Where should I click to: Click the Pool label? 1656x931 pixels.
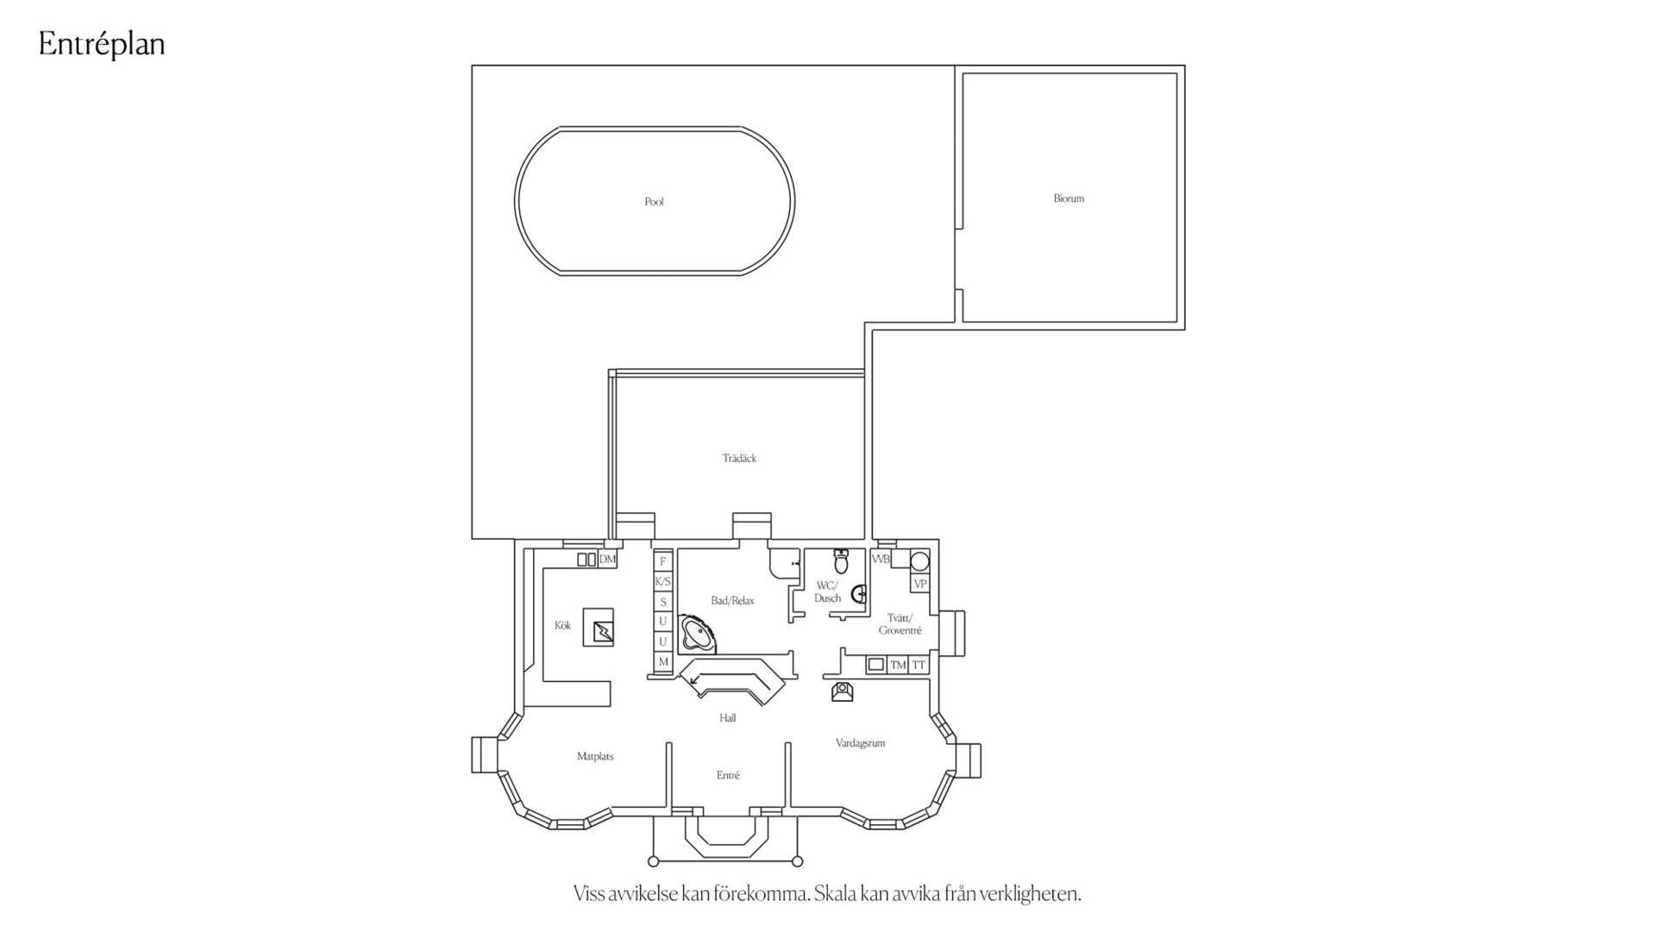click(654, 202)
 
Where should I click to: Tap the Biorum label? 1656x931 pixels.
click(1069, 198)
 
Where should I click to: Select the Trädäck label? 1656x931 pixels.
click(739, 459)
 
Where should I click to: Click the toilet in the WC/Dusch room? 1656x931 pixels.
click(841, 561)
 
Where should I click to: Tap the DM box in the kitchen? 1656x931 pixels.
click(607, 559)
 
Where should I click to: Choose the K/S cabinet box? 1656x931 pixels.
click(662, 582)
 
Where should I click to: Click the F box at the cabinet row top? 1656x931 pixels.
click(662, 562)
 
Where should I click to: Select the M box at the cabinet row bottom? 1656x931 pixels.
click(662, 662)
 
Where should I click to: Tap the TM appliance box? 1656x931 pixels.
click(898, 665)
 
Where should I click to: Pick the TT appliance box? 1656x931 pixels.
click(919, 665)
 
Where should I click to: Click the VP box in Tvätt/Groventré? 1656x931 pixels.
click(920, 584)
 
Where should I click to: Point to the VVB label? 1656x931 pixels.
click(881, 559)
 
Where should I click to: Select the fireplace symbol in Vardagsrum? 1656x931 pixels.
click(842, 691)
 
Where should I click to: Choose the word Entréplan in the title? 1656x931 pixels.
click(102, 44)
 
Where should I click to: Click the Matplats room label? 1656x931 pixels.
click(595, 757)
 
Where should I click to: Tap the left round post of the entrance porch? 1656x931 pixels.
click(653, 861)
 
